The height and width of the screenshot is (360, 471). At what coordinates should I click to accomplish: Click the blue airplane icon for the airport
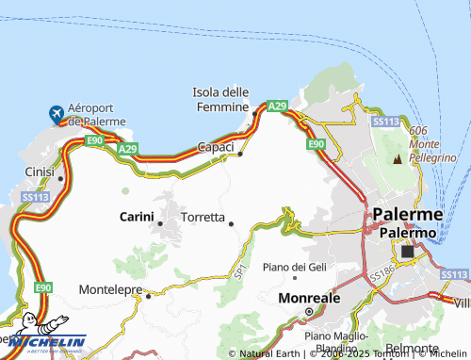coord(57,113)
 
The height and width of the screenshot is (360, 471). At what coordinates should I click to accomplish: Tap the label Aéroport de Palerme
coord(98,116)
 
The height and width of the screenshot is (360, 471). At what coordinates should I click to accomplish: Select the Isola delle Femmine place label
coord(219,98)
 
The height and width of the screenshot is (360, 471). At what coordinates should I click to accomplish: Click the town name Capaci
coord(215,147)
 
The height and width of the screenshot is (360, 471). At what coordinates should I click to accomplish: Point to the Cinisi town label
coord(40,172)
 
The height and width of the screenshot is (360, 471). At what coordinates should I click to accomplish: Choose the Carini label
coord(137,217)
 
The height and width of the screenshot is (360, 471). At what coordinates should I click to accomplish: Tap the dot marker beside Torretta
coord(232,223)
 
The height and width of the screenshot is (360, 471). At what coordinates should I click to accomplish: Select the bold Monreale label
coord(309,298)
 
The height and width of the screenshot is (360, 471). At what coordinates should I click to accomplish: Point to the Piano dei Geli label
coord(294,268)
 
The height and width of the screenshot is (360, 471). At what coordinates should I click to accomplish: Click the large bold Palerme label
coord(407,214)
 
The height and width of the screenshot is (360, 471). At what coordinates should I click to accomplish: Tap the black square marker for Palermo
coord(408,252)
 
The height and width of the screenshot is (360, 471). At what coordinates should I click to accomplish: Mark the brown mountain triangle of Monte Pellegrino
coord(397,160)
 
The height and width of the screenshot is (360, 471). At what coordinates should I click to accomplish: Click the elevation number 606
coord(419,130)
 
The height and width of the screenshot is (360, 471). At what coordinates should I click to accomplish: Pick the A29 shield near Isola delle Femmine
coord(277,106)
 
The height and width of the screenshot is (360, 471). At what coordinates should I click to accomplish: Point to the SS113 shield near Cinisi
coord(35,197)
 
